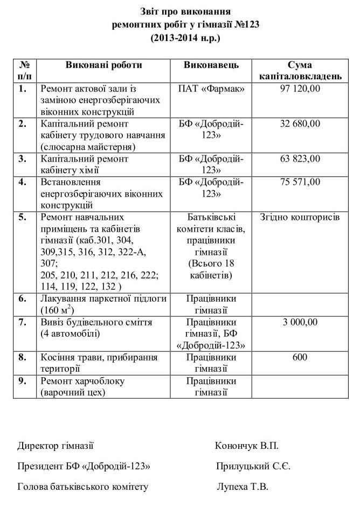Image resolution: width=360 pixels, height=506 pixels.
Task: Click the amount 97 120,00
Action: [x=300, y=88]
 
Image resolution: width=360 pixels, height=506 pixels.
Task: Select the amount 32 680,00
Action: [x=300, y=124]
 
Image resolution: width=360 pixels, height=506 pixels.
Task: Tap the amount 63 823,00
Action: [x=300, y=159]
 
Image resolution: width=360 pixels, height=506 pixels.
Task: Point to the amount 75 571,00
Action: [x=300, y=182]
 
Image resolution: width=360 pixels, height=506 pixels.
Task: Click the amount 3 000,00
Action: [x=300, y=322]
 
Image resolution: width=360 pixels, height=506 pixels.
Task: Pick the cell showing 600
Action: [x=300, y=357]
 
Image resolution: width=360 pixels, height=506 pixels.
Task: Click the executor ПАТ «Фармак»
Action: [x=211, y=88]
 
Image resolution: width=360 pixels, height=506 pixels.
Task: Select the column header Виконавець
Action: [x=211, y=65]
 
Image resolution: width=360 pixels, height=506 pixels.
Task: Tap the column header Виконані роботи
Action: [x=104, y=65]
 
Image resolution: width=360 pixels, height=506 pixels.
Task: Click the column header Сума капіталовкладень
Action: [x=300, y=71]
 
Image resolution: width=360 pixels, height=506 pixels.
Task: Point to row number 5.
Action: [x=22, y=217]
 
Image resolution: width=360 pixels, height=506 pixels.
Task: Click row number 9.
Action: [x=22, y=381]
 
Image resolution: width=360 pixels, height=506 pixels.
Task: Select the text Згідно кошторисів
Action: [x=300, y=217]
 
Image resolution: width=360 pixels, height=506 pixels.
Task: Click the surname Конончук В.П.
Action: [x=247, y=446]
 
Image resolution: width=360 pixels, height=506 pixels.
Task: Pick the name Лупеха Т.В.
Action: [x=243, y=487]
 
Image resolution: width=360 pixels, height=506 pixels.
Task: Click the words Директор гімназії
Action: [x=56, y=446]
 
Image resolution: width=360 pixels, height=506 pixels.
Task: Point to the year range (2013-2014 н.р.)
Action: [x=185, y=38]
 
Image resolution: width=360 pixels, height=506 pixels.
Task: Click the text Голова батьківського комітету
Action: [x=82, y=487]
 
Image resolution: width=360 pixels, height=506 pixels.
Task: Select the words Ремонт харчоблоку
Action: [x=82, y=381]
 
